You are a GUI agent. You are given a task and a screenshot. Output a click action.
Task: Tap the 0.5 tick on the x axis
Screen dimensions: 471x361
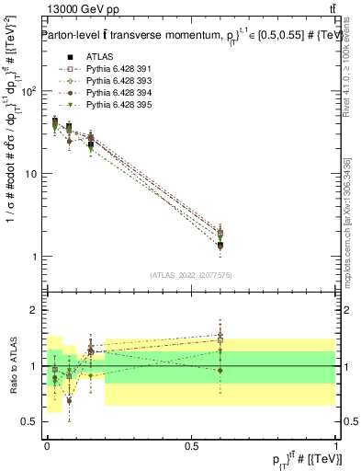pyautogui.click(x=193, y=445)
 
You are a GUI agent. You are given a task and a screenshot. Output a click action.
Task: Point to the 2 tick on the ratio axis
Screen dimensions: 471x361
pyautogui.click(x=34, y=310)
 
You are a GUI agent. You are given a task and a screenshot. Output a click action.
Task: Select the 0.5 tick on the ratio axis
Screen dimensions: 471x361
pyautogui.click(x=30, y=421)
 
